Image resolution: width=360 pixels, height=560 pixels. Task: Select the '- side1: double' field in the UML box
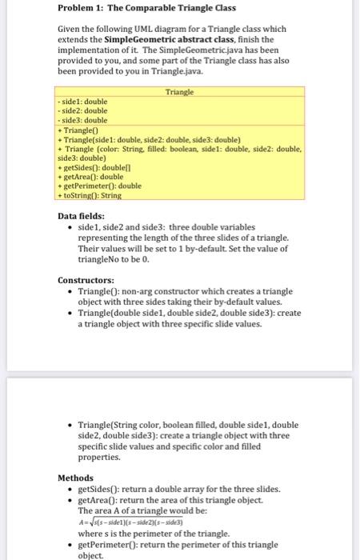click(x=83, y=102)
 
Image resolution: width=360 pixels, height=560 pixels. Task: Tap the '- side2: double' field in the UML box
click(x=83, y=110)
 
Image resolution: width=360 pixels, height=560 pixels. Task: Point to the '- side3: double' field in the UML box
click(x=83, y=119)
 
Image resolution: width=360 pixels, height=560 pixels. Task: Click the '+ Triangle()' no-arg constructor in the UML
click(x=80, y=129)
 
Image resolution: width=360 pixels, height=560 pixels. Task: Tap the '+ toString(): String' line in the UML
click(x=90, y=194)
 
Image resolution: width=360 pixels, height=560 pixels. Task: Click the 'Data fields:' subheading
click(x=82, y=215)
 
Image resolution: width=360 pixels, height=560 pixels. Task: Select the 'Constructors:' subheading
click(x=86, y=280)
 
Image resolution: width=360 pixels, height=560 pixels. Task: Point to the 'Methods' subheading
click(x=76, y=477)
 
